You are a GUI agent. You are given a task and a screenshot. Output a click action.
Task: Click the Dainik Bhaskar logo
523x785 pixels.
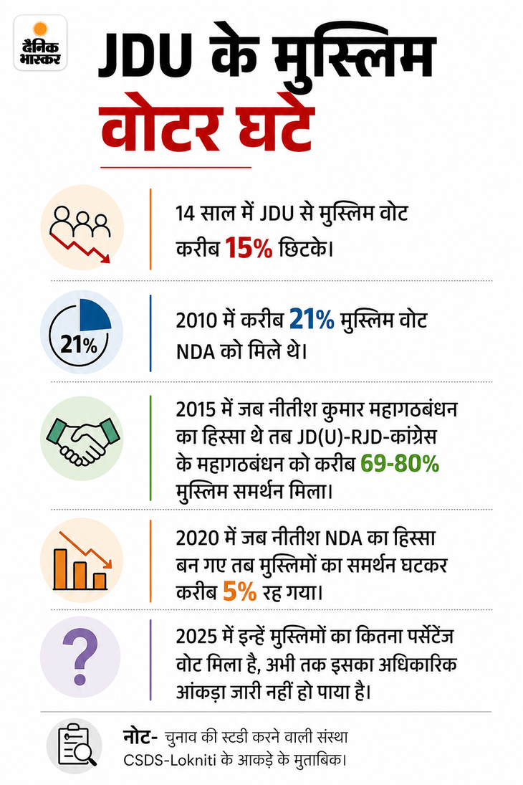(40, 42)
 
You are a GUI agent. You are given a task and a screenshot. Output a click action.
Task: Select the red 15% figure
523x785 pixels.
(249, 248)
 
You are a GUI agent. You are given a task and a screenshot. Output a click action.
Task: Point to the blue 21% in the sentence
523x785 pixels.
(312, 320)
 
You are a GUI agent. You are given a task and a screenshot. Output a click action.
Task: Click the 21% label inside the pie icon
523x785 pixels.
(79, 344)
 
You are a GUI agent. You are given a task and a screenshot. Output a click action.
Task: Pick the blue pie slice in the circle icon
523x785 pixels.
(95, 315)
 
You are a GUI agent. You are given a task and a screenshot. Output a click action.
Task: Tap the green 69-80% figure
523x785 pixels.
(400, 464)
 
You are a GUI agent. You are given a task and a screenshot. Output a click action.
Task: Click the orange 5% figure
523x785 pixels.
(240, 591)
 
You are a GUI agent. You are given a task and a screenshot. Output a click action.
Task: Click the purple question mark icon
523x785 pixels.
(80, 657)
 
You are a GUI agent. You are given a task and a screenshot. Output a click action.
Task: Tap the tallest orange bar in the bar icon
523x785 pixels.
(61, 569)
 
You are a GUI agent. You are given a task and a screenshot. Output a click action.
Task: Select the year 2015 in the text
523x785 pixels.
(196, 410)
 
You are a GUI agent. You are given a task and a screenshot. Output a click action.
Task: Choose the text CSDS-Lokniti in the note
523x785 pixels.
(170, 760)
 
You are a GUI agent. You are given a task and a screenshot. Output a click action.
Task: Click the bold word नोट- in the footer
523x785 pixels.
(140, 737)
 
